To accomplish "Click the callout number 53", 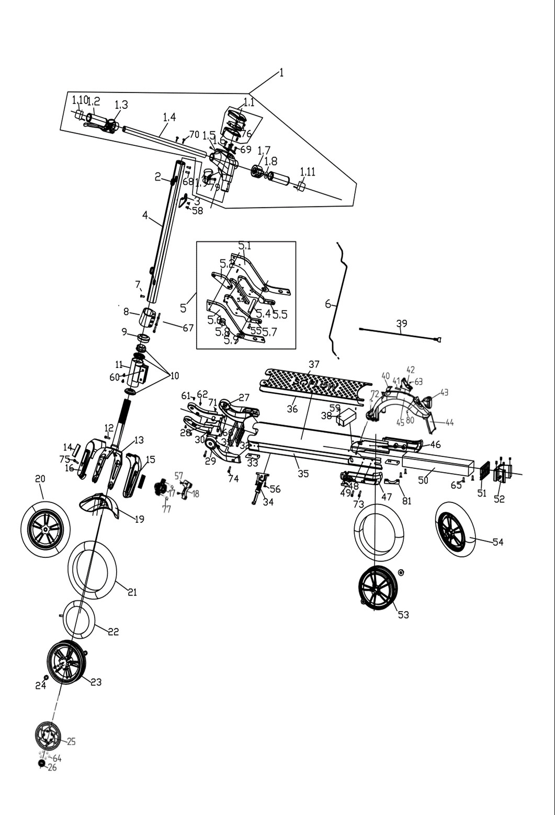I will (403, 615).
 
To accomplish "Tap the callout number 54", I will (497, 542).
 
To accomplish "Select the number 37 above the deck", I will (314, 364).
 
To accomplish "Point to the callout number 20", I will (40, 478).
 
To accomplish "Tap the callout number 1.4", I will (169, 117).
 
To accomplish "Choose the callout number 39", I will (401, 324).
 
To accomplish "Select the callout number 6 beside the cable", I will (328, 304).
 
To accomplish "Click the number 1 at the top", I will (281, 73).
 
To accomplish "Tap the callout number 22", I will (114, 632).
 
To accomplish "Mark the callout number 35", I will (303, 474).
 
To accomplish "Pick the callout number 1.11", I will (308, 172).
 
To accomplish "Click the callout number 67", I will (188, 328).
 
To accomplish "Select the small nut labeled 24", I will (46, 678).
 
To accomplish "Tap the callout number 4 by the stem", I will (145, 215).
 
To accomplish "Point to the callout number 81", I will (406, 501).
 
